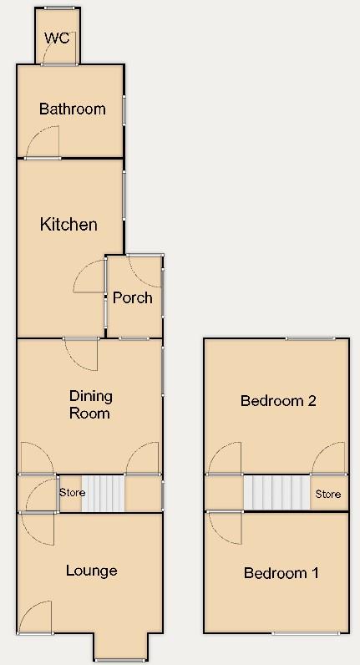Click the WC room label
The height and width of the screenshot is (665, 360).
click(x=58, y=38)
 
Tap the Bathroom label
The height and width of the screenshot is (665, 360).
click(x=72, y=109)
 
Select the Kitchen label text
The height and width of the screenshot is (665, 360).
click(x=68, y=224)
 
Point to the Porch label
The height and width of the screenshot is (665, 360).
click(x=133, y=297)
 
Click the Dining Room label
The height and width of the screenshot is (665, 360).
click(x=89, y=404)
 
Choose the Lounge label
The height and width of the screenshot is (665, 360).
click(x=91, y=571)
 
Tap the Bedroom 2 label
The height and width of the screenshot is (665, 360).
click(x=277, y=400)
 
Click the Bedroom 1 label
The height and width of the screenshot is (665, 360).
click(x=281, y=573)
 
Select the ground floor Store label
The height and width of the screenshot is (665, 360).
click(x=72, y=493)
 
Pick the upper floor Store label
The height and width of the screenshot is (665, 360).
click(x=327, y=494)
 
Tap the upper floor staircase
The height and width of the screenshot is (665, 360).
click(x=276, y=493)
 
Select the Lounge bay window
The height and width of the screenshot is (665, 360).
click(x=122, y=660)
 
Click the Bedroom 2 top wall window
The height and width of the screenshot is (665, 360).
click(x=312, y=338)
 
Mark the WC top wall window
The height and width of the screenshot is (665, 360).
click(x=58, y=8)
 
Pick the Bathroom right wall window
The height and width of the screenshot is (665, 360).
click(x=124, y=109)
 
